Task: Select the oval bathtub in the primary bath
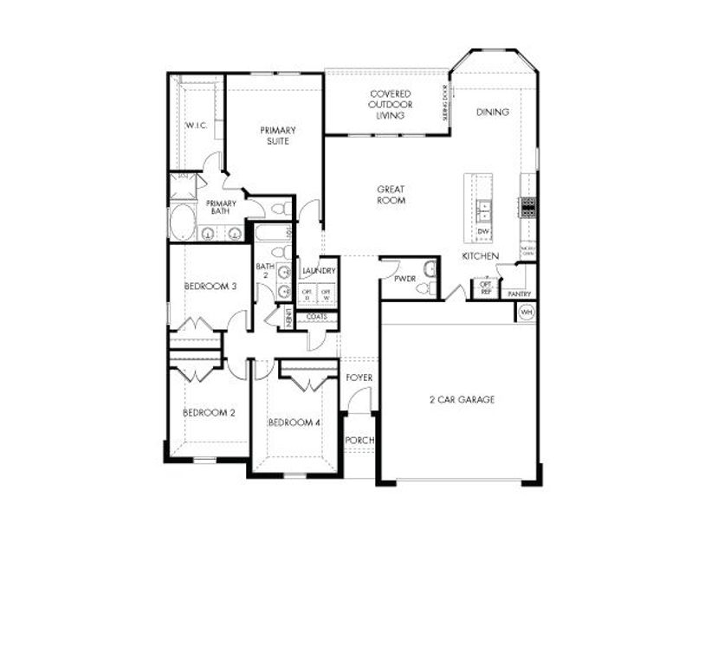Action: coord(182,223)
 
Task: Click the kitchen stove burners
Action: coord(527,207)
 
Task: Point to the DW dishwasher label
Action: coord(484,233)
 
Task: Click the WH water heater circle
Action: coord(526,312)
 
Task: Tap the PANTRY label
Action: coord(519,294)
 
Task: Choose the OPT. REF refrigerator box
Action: coord(486,288)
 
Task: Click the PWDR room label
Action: coord(405,279)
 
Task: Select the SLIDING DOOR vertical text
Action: coord(446,102)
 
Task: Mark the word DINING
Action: coord(493,112)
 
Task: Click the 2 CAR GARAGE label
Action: coord(462,399)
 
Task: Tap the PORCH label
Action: coord(359,441)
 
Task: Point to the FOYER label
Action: coord(359,378)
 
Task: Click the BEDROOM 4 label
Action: coord(294,423)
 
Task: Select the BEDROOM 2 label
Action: coord(209,413)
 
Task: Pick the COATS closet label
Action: coord(317,317)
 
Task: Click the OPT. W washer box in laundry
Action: coord(326,294)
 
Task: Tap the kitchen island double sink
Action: coord(484,210)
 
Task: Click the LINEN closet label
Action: coord(288,317)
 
